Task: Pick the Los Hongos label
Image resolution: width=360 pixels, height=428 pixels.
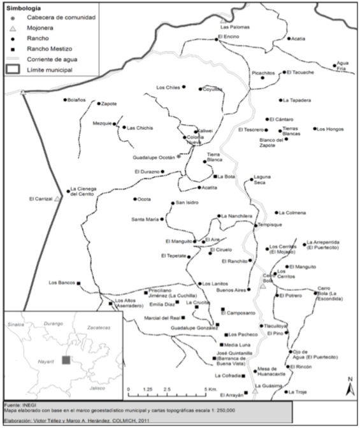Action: (x=329, y=129)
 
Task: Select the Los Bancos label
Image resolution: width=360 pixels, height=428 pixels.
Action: (x=62, y=282)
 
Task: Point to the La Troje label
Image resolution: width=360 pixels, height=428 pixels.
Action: (x=297, y=392)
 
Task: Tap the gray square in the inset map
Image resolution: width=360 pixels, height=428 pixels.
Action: (x=66, y=360)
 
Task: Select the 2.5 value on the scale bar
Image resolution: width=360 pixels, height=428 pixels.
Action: (x=166, y=389)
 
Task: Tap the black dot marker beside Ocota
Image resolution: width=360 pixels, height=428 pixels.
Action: (x=134, y=199)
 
